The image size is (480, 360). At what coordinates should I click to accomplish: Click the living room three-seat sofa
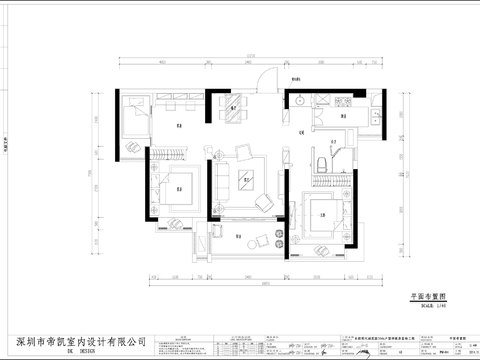pos(220,180)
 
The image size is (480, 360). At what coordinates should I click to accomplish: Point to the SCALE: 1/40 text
pos(428,306)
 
